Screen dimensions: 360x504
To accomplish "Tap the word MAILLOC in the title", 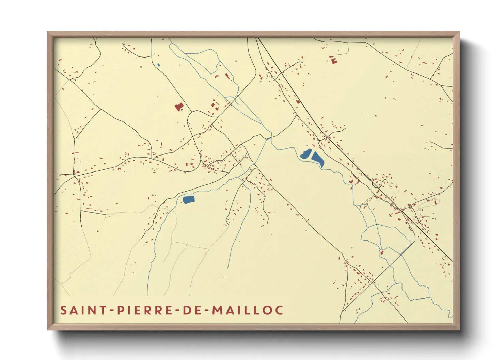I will coord(248,310).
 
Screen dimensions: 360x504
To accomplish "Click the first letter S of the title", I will coord(64,310).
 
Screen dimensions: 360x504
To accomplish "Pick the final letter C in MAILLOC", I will coord(279,310).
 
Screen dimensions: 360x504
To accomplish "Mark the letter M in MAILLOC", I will coord(218,310).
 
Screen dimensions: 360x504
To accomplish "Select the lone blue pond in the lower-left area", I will coord(189,199).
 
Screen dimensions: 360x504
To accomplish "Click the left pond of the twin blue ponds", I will coord(306,154).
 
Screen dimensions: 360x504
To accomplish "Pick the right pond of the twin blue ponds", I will coord(318,159).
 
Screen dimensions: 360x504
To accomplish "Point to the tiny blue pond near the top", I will coord(159,65).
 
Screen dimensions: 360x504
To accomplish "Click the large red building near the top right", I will coord(333,61).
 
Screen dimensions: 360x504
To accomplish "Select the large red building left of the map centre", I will coord(179,107).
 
